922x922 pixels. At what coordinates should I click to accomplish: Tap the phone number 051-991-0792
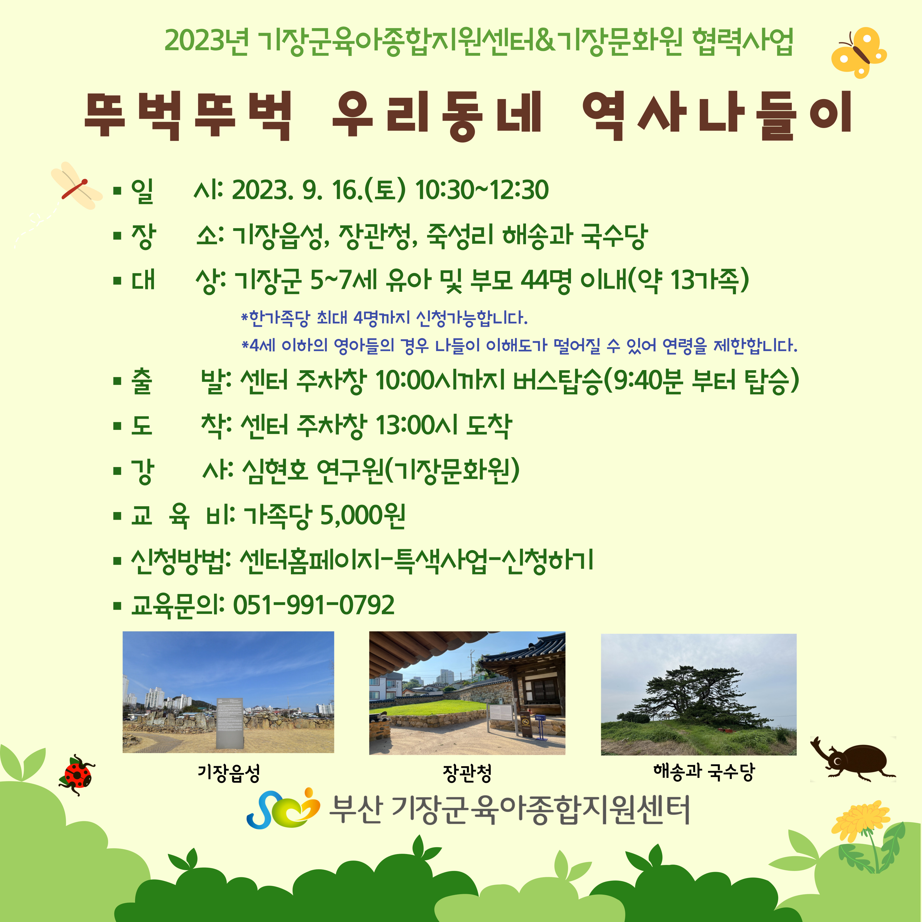pyautogui.click(x=314, y=605)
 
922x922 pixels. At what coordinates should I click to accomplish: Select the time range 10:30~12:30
pyautogui.click(x=482, y=190)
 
